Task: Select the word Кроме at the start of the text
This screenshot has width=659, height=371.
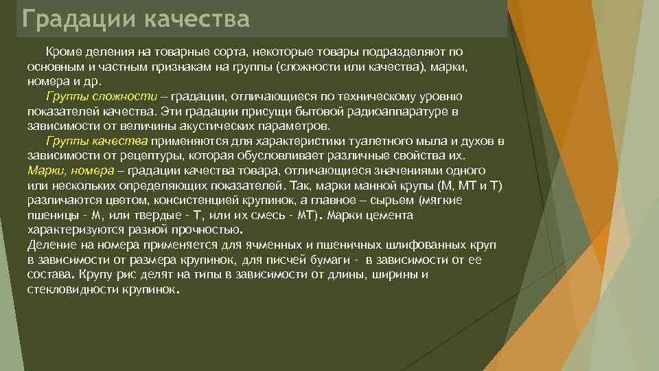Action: tap(61, 53)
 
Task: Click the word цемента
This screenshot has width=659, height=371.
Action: tap(391, 216)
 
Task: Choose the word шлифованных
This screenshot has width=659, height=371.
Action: tap(387, 245)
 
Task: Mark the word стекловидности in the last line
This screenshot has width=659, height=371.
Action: tap(68, 289)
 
